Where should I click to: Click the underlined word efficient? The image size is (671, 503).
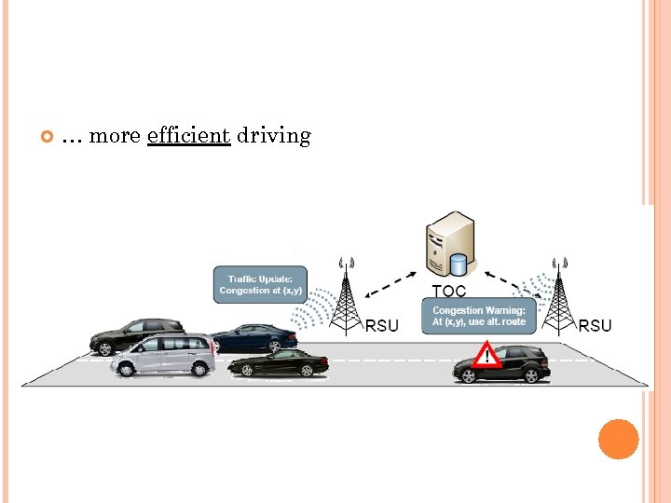(x=188, y=136)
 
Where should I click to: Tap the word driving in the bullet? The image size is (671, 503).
(x=273, y=136)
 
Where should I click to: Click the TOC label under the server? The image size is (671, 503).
(x=449, y=292)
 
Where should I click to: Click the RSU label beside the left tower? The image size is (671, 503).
(x=381, y=325)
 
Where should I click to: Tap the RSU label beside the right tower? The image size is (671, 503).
(x=595, y=325)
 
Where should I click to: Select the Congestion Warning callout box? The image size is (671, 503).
(x=479, y=316)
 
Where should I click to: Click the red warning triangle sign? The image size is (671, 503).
(x=485, y=355)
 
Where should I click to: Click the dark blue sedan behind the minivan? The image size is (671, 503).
(x=253, y=336)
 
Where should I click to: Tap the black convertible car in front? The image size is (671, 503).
(x=278, y=364)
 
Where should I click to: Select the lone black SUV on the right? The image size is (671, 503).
(x=503, y=364)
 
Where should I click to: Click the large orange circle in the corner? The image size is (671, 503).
(x=618, y=440)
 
